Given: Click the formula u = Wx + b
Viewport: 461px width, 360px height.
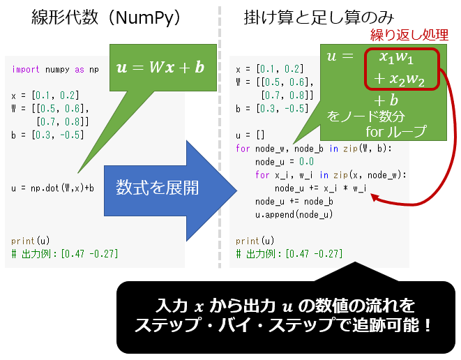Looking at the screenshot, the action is pos(160,67).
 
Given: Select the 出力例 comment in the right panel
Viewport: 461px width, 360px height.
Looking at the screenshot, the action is pos(287,253).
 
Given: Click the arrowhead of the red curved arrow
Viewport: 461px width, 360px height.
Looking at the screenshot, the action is pos(375,197).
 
